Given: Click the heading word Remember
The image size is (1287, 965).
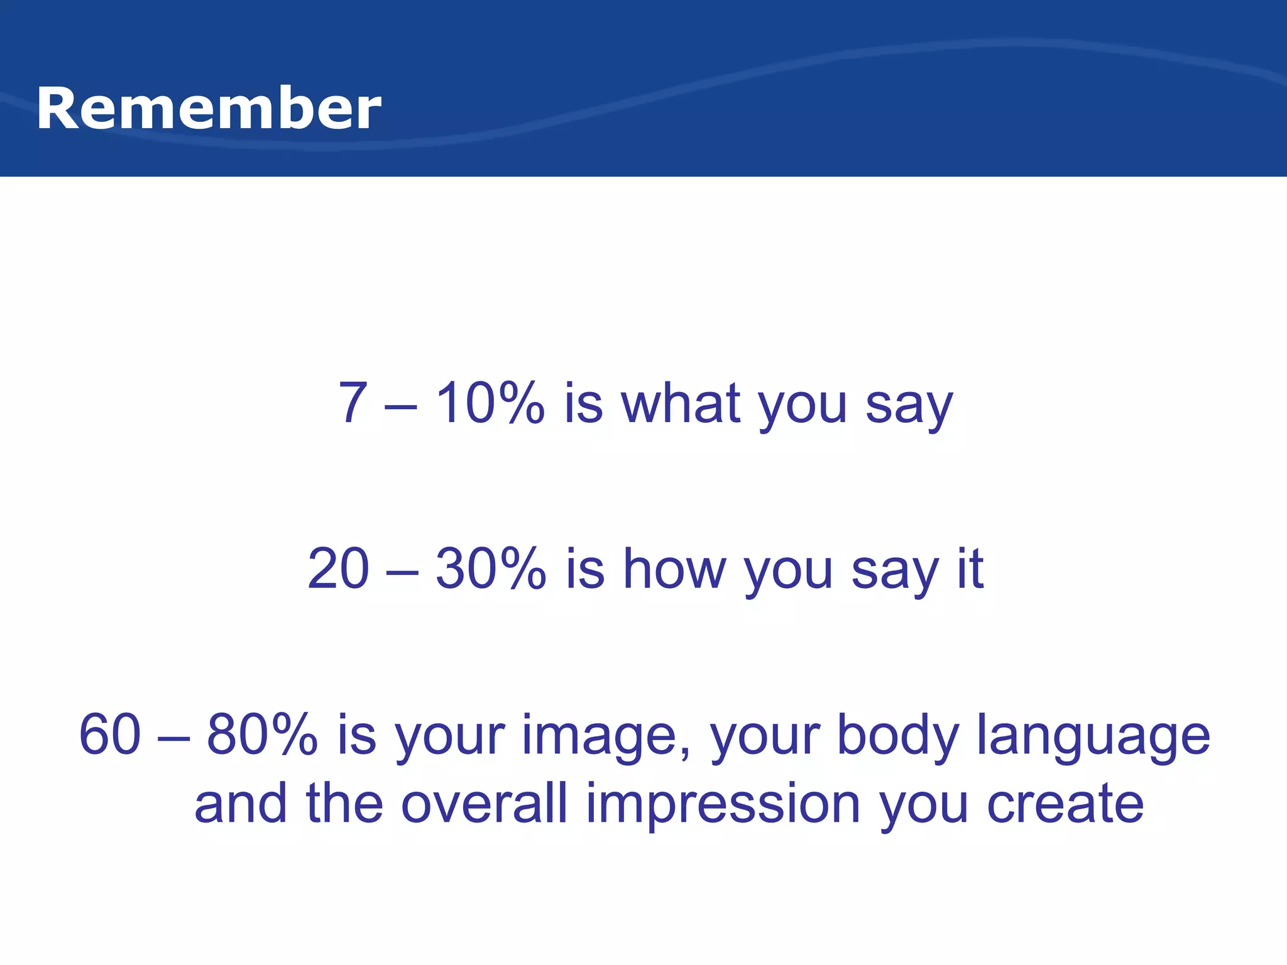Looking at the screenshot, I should pos(209,109).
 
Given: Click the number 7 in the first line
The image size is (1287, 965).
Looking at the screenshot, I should pos(353,403).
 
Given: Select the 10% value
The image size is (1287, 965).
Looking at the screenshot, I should pos(490,403).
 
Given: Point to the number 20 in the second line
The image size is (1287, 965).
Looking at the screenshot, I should pos(338,569).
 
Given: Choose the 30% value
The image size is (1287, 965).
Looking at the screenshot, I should pos(491,569).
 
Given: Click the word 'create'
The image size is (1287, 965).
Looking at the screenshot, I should pos(1065,804).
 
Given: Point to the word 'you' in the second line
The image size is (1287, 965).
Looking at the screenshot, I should pos(788,573).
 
